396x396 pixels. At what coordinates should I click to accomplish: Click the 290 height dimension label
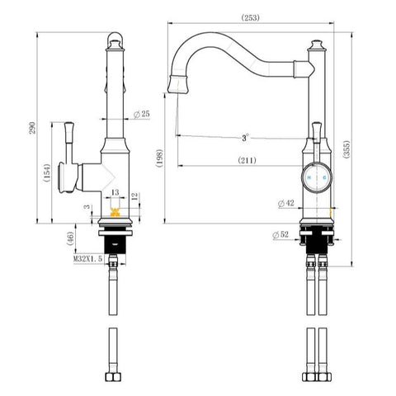[x=33, y=128]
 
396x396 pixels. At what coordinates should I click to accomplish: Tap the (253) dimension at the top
[x=250, y=18]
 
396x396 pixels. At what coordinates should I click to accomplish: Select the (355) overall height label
[x=346, y=149]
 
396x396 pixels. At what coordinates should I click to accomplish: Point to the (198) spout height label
[x=159, y=158]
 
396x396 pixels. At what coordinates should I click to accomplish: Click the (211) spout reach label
[x=247, y=160]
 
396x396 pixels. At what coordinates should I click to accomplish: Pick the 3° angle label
[x=245, y=138]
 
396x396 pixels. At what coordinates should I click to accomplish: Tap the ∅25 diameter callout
[x=142, y=114]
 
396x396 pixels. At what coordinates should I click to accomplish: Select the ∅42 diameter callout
[x=286, y=204]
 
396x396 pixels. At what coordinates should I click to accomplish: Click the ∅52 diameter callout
[x=280, y=235]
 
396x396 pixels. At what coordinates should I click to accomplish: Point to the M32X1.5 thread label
[x=87, y=258]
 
